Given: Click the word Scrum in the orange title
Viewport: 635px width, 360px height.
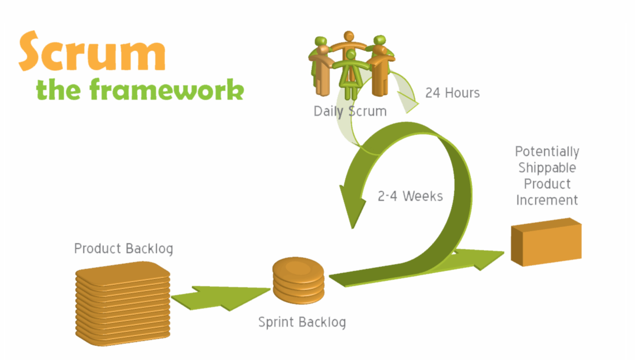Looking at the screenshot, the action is point(92,52).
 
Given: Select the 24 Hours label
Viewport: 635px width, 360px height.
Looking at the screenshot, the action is point(452,93).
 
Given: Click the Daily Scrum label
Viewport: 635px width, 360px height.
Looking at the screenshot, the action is point(350,111).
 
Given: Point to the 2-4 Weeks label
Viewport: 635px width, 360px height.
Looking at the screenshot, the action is point(410,196).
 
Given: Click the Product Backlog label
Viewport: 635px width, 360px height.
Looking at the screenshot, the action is point(124,249).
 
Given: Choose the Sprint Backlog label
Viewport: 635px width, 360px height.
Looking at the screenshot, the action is point(302,322).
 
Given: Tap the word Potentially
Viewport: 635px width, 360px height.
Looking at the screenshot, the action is point(547,152).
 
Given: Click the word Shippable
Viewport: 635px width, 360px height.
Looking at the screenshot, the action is point(547,168).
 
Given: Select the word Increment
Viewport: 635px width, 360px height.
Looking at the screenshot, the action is point(547,200).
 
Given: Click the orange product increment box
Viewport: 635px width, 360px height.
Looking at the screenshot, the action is point(546,242).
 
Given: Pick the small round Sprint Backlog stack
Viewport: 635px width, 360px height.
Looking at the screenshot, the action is point(298,280).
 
